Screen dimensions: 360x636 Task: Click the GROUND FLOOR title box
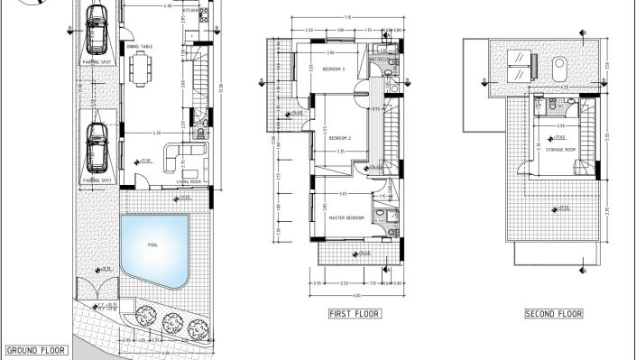pos(35,349)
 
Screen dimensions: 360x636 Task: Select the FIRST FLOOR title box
pos(355,314)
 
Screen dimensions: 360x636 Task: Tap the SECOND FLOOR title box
pos(554,314)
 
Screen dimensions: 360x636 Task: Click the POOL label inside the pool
pos(153,245)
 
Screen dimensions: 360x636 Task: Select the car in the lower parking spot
pos(97,149)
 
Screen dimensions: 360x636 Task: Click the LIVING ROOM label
pos(189,181)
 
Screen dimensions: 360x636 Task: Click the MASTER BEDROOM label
pos(346,218)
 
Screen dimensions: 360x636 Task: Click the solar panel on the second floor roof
pos(518,60)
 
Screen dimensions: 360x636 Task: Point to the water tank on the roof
pos(558,64)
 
